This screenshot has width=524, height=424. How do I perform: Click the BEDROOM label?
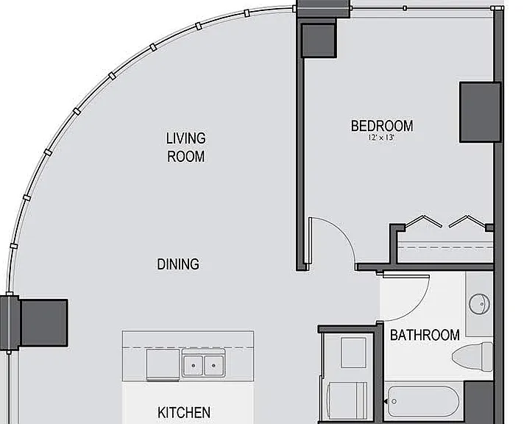tap(382, 126)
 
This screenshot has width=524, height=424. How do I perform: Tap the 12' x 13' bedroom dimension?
tap(381, 138)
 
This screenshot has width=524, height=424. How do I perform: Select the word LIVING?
tap(185, 138)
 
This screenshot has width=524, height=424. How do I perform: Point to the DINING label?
tap(178, 264)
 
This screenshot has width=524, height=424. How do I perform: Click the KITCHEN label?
tap(184, 412)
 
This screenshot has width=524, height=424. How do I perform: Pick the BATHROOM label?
tap(425, 335)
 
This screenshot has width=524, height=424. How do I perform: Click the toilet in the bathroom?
tap(472, 356)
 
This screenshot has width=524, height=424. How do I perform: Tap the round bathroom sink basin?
tap(480, 304)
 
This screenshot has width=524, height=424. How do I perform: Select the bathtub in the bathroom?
tap(423, 401)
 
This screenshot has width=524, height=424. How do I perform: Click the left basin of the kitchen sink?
tap(193, 366)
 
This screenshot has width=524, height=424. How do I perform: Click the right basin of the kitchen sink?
tap(214, 366)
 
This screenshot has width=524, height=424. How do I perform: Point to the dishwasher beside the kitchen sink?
tap(163, 365)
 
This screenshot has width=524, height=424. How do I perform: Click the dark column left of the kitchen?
tap(43, 322)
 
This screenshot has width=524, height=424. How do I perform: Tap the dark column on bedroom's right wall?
tap(481, 113)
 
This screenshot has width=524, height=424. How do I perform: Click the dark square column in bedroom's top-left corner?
tap(319, 40)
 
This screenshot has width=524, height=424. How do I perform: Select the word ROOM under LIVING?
tap(185, 157)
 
